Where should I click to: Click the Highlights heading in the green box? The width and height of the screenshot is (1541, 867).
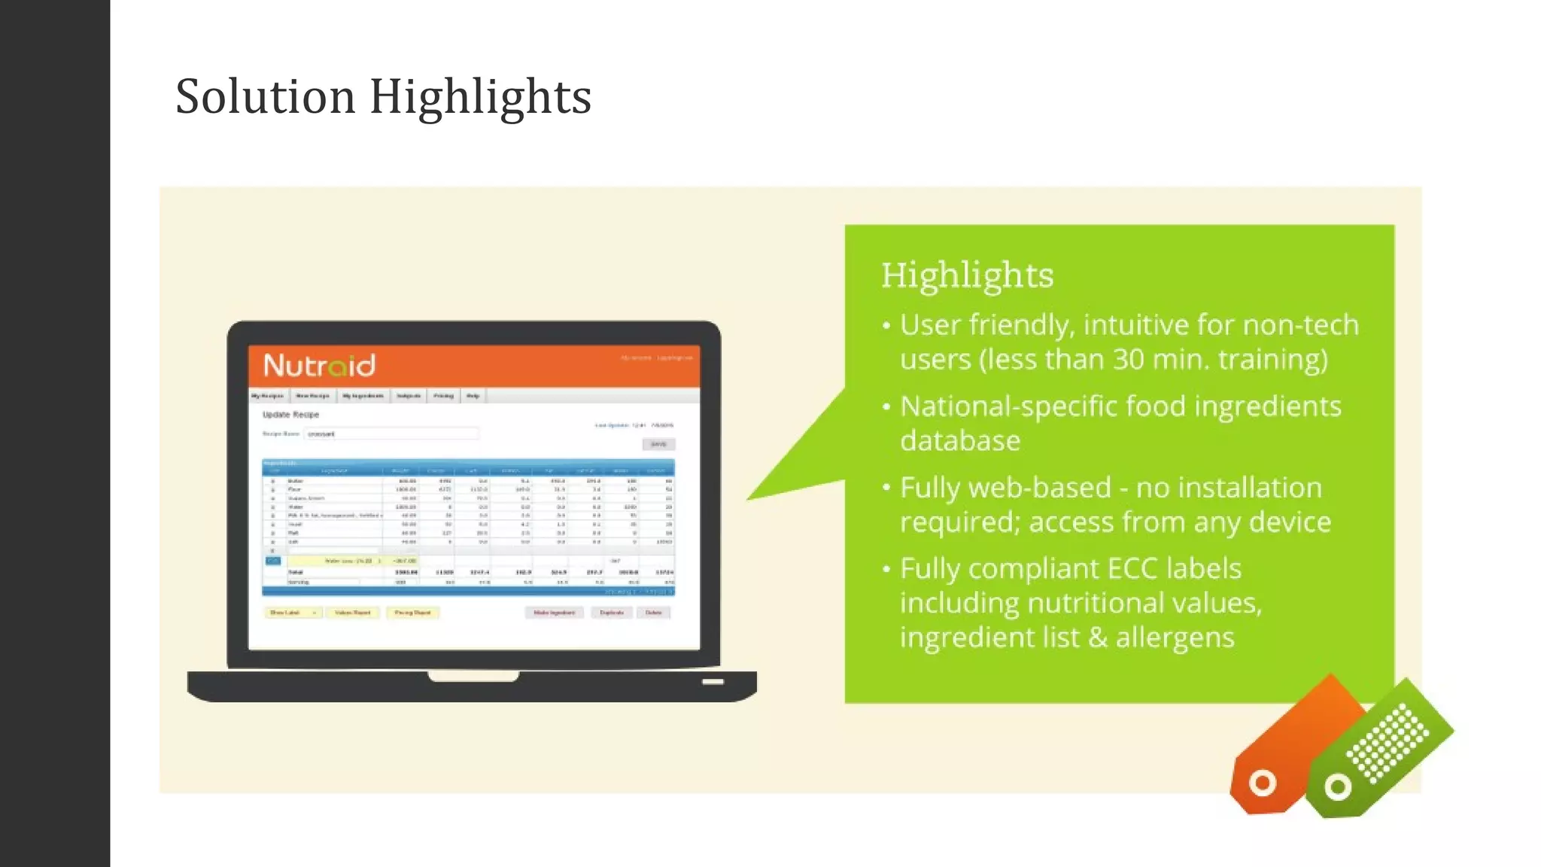(x=967, y=275)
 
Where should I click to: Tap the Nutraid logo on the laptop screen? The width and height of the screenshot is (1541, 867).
(x=319, y=366)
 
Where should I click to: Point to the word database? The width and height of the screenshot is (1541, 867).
(x=960, y=441)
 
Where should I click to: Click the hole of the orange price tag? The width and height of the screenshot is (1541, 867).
(x=1262, y=783)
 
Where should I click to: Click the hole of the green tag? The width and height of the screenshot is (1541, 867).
(x=1337, y=788)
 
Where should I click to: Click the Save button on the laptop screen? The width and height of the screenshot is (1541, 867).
(x=658, y=445)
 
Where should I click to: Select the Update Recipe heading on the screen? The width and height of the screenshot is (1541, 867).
(x=290, y=415)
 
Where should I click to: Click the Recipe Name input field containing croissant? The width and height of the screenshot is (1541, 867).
(x=391, y=433)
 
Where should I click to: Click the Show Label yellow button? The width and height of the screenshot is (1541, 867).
(x=292, y=613)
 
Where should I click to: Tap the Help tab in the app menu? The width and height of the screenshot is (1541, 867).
(x=473, y=396)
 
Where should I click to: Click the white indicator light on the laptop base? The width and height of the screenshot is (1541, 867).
(x=713, y=682)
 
